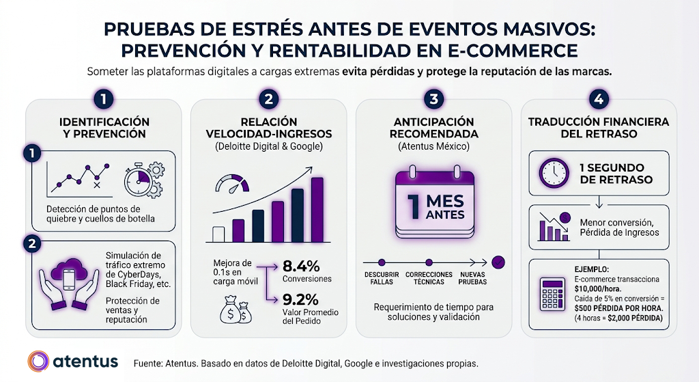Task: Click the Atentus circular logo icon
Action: [x=38, y=361]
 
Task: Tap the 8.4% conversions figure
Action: [x=301, y=267]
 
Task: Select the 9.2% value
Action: [x=300, y=299]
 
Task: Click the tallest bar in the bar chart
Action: [x=317, y=209]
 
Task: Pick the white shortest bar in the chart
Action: [x=218, y=234]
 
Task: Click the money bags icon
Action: [x=236, y=309]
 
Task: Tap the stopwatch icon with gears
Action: [x=143, y=180]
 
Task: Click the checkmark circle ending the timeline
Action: [x=498, y=262]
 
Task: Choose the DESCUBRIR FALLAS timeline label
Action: [x=382, y=278]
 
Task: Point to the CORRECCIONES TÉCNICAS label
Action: [x=429, y=278]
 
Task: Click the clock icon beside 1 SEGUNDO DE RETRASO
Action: [x=554, y=173]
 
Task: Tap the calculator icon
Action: [x=552, y=294]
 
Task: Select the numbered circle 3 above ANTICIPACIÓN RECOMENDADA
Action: [x=433, y=98]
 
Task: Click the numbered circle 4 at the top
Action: [x=599, y=98]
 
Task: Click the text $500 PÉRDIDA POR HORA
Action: [x=618, y=308]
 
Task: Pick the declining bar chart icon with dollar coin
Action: [x=555, y=226]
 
